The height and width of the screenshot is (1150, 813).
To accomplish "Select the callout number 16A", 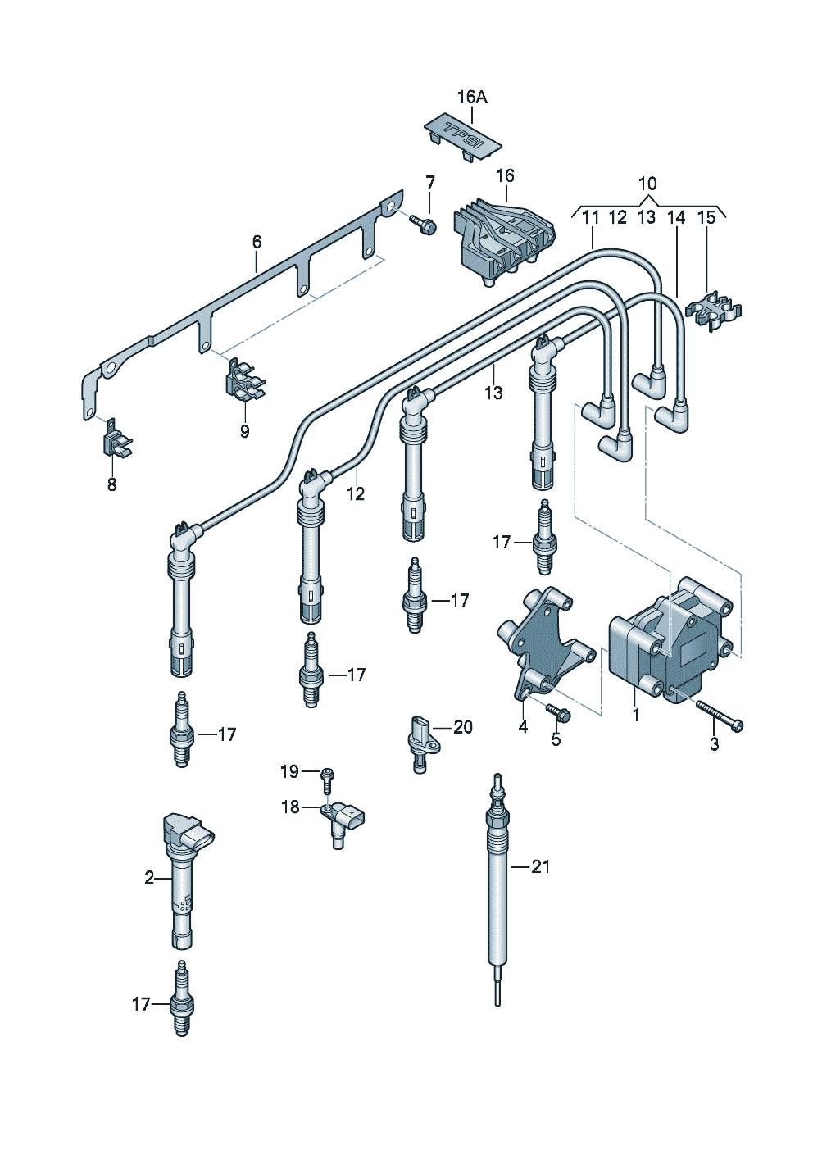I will point(471,97).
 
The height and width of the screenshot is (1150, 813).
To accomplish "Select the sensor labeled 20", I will point(423,738).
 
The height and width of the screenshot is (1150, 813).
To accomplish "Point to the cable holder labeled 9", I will point(243,382).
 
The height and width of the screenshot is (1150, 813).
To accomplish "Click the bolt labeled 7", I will point(424,223).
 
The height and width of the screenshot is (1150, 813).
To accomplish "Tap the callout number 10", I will point(647,184).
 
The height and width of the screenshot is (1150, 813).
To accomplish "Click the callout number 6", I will point(257,242).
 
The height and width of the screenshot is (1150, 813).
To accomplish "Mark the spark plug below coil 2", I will point(182,1000).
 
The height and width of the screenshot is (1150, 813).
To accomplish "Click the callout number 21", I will point(540,866).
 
